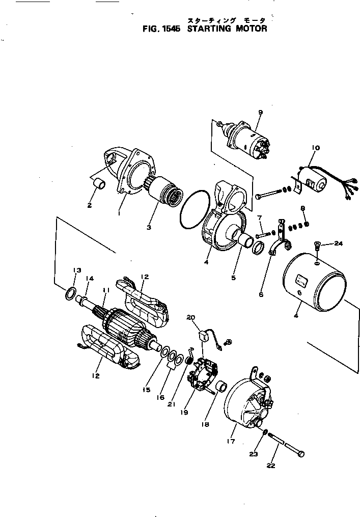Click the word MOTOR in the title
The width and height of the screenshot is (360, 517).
pyautogui.click(x=251, y=29)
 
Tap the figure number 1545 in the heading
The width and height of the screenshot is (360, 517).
pyautogui.click(x=170, y=29)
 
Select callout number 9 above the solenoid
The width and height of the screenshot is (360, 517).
pyautogui.click(x=260, y=113)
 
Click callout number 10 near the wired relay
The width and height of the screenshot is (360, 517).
pyautogui.click(x=315, y=148)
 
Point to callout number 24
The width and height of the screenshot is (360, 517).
pyautogui.click(x=339, y=243)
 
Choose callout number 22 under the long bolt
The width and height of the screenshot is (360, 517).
pyautogui.click(x=271, y=466)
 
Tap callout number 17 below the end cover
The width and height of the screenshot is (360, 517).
pyautogui.click(x=231, y=441)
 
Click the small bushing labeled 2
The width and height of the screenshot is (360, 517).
pyautogui.click(x=101, y=184)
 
